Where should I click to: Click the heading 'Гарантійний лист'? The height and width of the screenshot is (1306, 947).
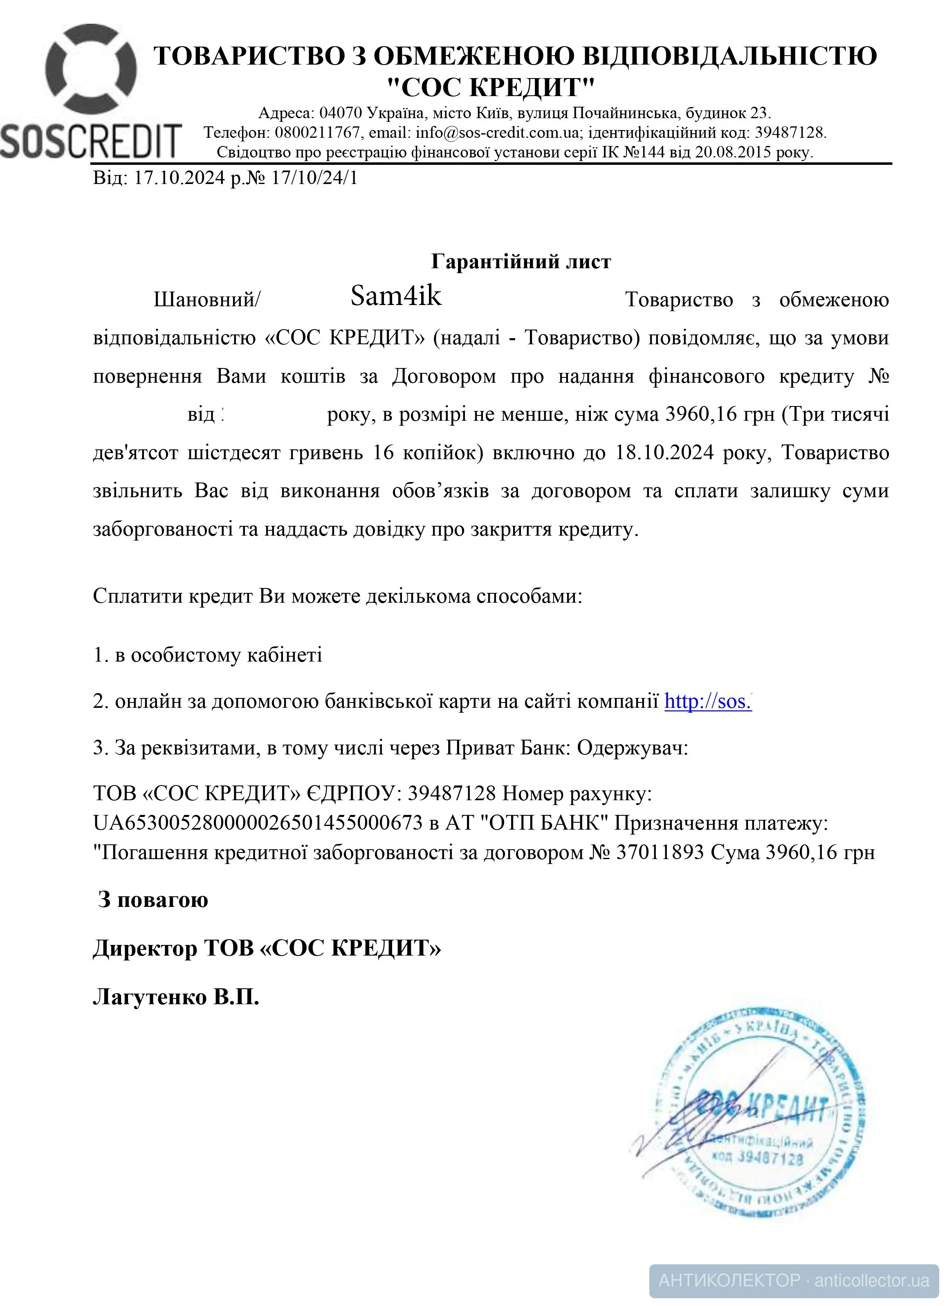tap(521, 262)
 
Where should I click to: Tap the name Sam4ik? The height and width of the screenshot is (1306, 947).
tap(396, 296)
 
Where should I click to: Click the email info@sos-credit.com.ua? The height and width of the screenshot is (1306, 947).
tap(497, 133)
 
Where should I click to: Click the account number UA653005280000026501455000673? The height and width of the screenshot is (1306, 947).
tap(258, 823)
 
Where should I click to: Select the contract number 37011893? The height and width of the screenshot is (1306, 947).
tap(660, 852)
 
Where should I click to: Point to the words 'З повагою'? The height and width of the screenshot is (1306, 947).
tap(153, 900)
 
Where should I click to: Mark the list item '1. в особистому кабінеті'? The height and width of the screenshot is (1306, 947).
tap(208, 655)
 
